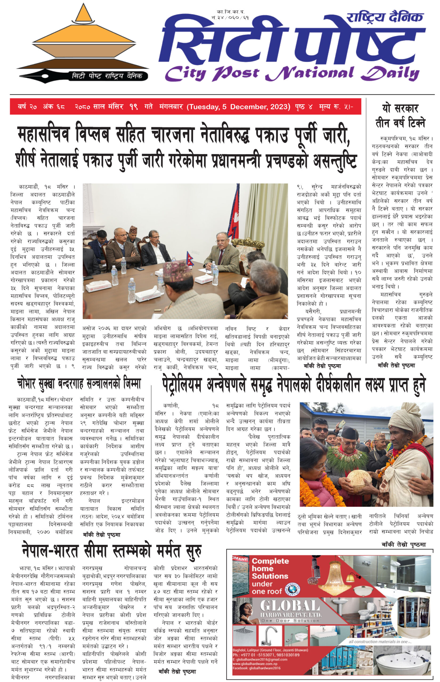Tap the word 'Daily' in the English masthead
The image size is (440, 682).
(390, 74)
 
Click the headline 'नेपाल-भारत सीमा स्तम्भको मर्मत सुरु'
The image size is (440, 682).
(112, 551)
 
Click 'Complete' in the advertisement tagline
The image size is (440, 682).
(270, 561)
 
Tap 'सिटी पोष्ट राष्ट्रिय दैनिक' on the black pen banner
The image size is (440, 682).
(107, 76)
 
